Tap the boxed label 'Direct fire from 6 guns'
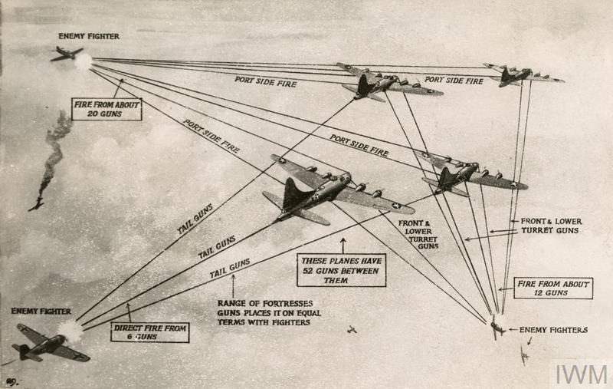pyautogui.click(x=150, y=331)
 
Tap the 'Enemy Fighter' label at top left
pyautogui.click(x=89, y=36)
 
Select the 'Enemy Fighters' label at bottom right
pyautogui.click(x=553, y=330)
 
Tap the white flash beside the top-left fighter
pyautogui.click(x=83, y=61)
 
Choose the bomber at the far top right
pyautogui.click(x=521, y=74)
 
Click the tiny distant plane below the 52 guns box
pyautogui.click(x=352, y=330)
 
